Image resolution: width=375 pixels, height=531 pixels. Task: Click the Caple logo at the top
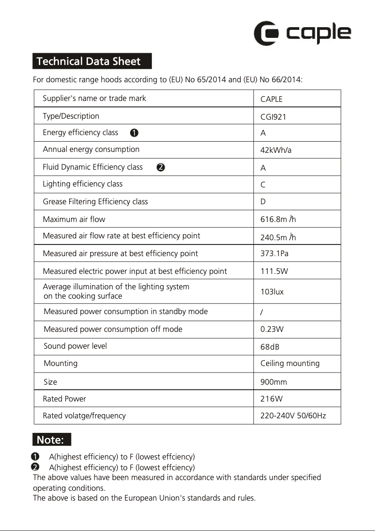point(302,33)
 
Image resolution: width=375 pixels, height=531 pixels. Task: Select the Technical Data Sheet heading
point(92,61)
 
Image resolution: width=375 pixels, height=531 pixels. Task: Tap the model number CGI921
point(273,117)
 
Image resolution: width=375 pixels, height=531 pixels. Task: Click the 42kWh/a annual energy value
point(275,150)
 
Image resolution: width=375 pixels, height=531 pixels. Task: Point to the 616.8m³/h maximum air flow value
point(278,219)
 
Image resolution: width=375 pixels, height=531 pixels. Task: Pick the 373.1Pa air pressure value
point(274,254)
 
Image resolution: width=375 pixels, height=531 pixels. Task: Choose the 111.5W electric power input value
point(274,271)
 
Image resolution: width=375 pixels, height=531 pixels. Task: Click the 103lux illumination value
point(272,292)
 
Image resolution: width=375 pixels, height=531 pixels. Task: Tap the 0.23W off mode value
point(272,329)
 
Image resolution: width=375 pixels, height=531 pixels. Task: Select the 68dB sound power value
point(270,347)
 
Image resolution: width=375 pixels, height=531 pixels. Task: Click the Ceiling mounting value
point(290,363)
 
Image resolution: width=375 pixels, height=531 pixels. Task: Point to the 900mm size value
point(274,382)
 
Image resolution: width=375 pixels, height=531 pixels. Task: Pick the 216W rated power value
point(271,399)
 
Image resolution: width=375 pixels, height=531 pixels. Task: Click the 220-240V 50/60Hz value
point(293,416)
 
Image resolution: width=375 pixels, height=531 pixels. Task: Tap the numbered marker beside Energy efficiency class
point(134,133)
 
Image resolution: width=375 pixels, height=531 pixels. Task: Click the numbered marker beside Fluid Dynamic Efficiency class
point(160,167)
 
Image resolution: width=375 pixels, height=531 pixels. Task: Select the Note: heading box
point(51,440)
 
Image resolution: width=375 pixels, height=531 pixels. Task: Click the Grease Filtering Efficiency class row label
point(95,201)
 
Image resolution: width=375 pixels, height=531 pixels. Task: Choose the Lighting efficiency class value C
point(263,185)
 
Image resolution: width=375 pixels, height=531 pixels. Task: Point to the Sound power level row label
point(75,346)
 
